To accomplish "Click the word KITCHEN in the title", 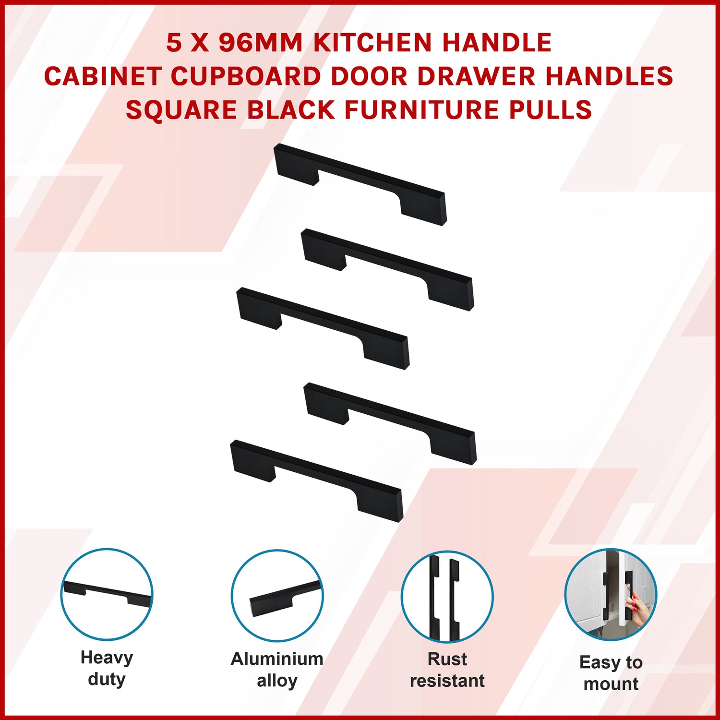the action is click(372, 43).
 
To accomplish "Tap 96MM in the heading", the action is click(261, 43).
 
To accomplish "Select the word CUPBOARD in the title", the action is click(246, 76).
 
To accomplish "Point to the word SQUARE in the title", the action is click(181, 110).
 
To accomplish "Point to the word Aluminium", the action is click(277, 659).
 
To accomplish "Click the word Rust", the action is click(447, 659).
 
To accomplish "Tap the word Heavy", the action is click(107, 658).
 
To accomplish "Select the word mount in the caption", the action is click(611, 684).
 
